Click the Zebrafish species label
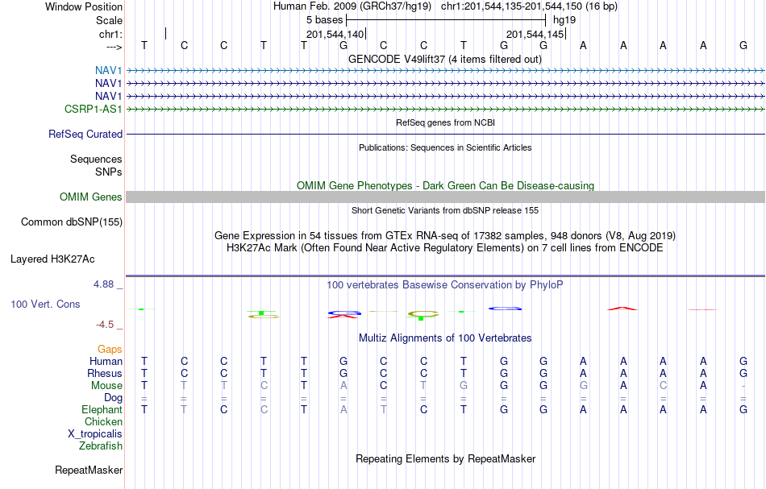coord(101,445)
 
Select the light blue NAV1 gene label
coord(109,70)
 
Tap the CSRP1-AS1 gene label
coord(94,109)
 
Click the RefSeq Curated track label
coord(85,134)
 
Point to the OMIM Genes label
coord(91,197)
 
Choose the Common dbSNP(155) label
coord(72,222)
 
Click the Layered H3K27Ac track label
coord(52,259)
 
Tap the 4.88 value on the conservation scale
coord(104,284)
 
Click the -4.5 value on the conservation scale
coord(105,325)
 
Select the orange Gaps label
coord(110,349)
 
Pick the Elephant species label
coord(102,409)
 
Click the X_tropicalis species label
coord(95,434)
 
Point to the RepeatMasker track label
coord(89,470)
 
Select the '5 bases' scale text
coord(325,20)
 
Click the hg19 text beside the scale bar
coord(564,20)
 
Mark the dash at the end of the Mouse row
coord(743,386)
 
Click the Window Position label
coord(84,6)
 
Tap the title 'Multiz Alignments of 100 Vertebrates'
coord(445,338)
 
